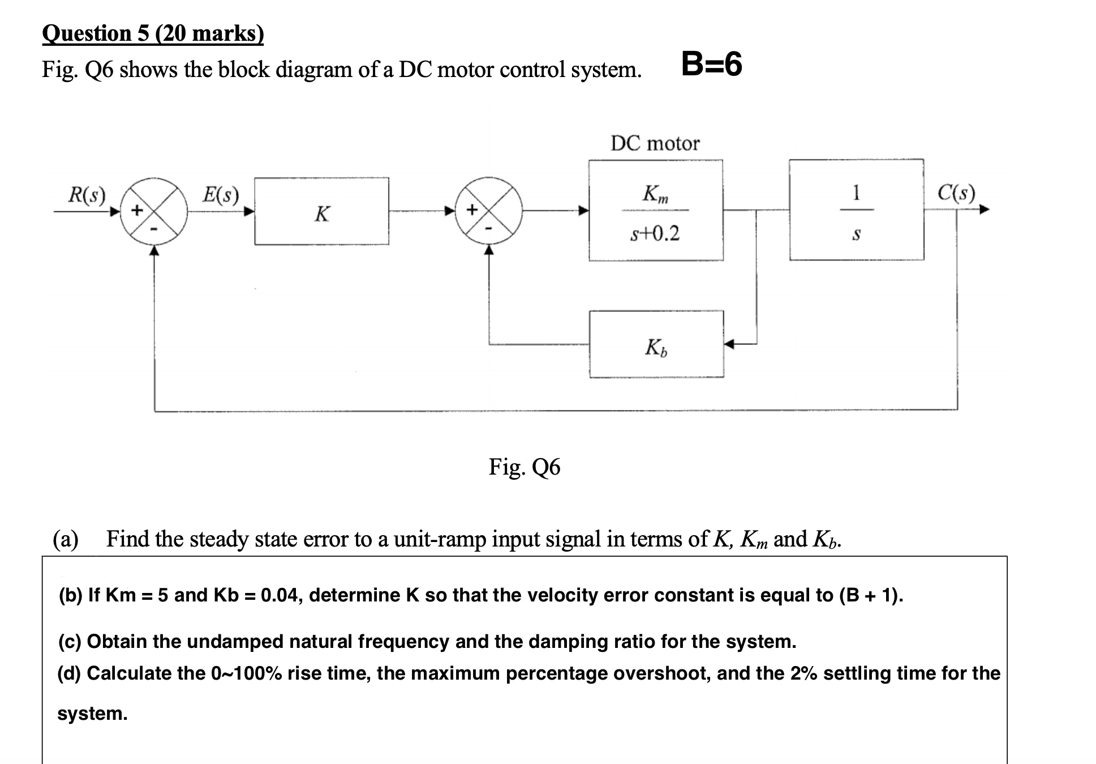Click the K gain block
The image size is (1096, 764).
321,211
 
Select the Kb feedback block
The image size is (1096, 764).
656,344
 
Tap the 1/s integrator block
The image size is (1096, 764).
856,210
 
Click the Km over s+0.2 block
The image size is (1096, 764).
655,210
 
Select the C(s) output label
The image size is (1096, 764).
956,193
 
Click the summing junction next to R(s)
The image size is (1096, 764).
154,211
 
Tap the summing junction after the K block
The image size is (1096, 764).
488,211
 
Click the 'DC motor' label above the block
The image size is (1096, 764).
655,143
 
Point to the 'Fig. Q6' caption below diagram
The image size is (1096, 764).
524,467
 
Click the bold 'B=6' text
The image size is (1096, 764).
711,64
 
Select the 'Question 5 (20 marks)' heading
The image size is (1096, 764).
153,34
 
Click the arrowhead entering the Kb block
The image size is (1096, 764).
729,344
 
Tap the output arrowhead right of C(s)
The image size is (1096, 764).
984,210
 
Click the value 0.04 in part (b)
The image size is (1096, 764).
280,595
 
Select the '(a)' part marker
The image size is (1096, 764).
66,539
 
